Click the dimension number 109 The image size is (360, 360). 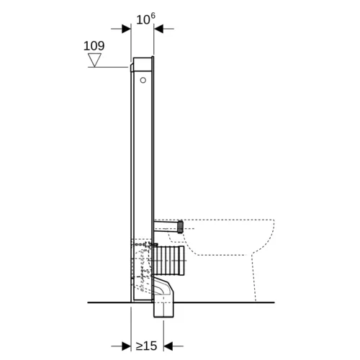(x=94, y=46)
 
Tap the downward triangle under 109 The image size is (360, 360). (x=94, y=60)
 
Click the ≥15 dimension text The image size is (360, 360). (x=146, y=346)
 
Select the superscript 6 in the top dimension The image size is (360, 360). (x=153, y=16)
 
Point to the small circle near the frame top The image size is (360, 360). (x=143, y=80)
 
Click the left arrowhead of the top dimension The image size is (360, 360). (x=126, y=29)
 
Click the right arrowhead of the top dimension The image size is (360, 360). (x=158, y=29)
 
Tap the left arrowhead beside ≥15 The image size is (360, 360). (x=126, y=346)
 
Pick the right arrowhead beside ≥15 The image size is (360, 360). (x=168, y=346)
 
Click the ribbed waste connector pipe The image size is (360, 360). (x=169, y=260)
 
